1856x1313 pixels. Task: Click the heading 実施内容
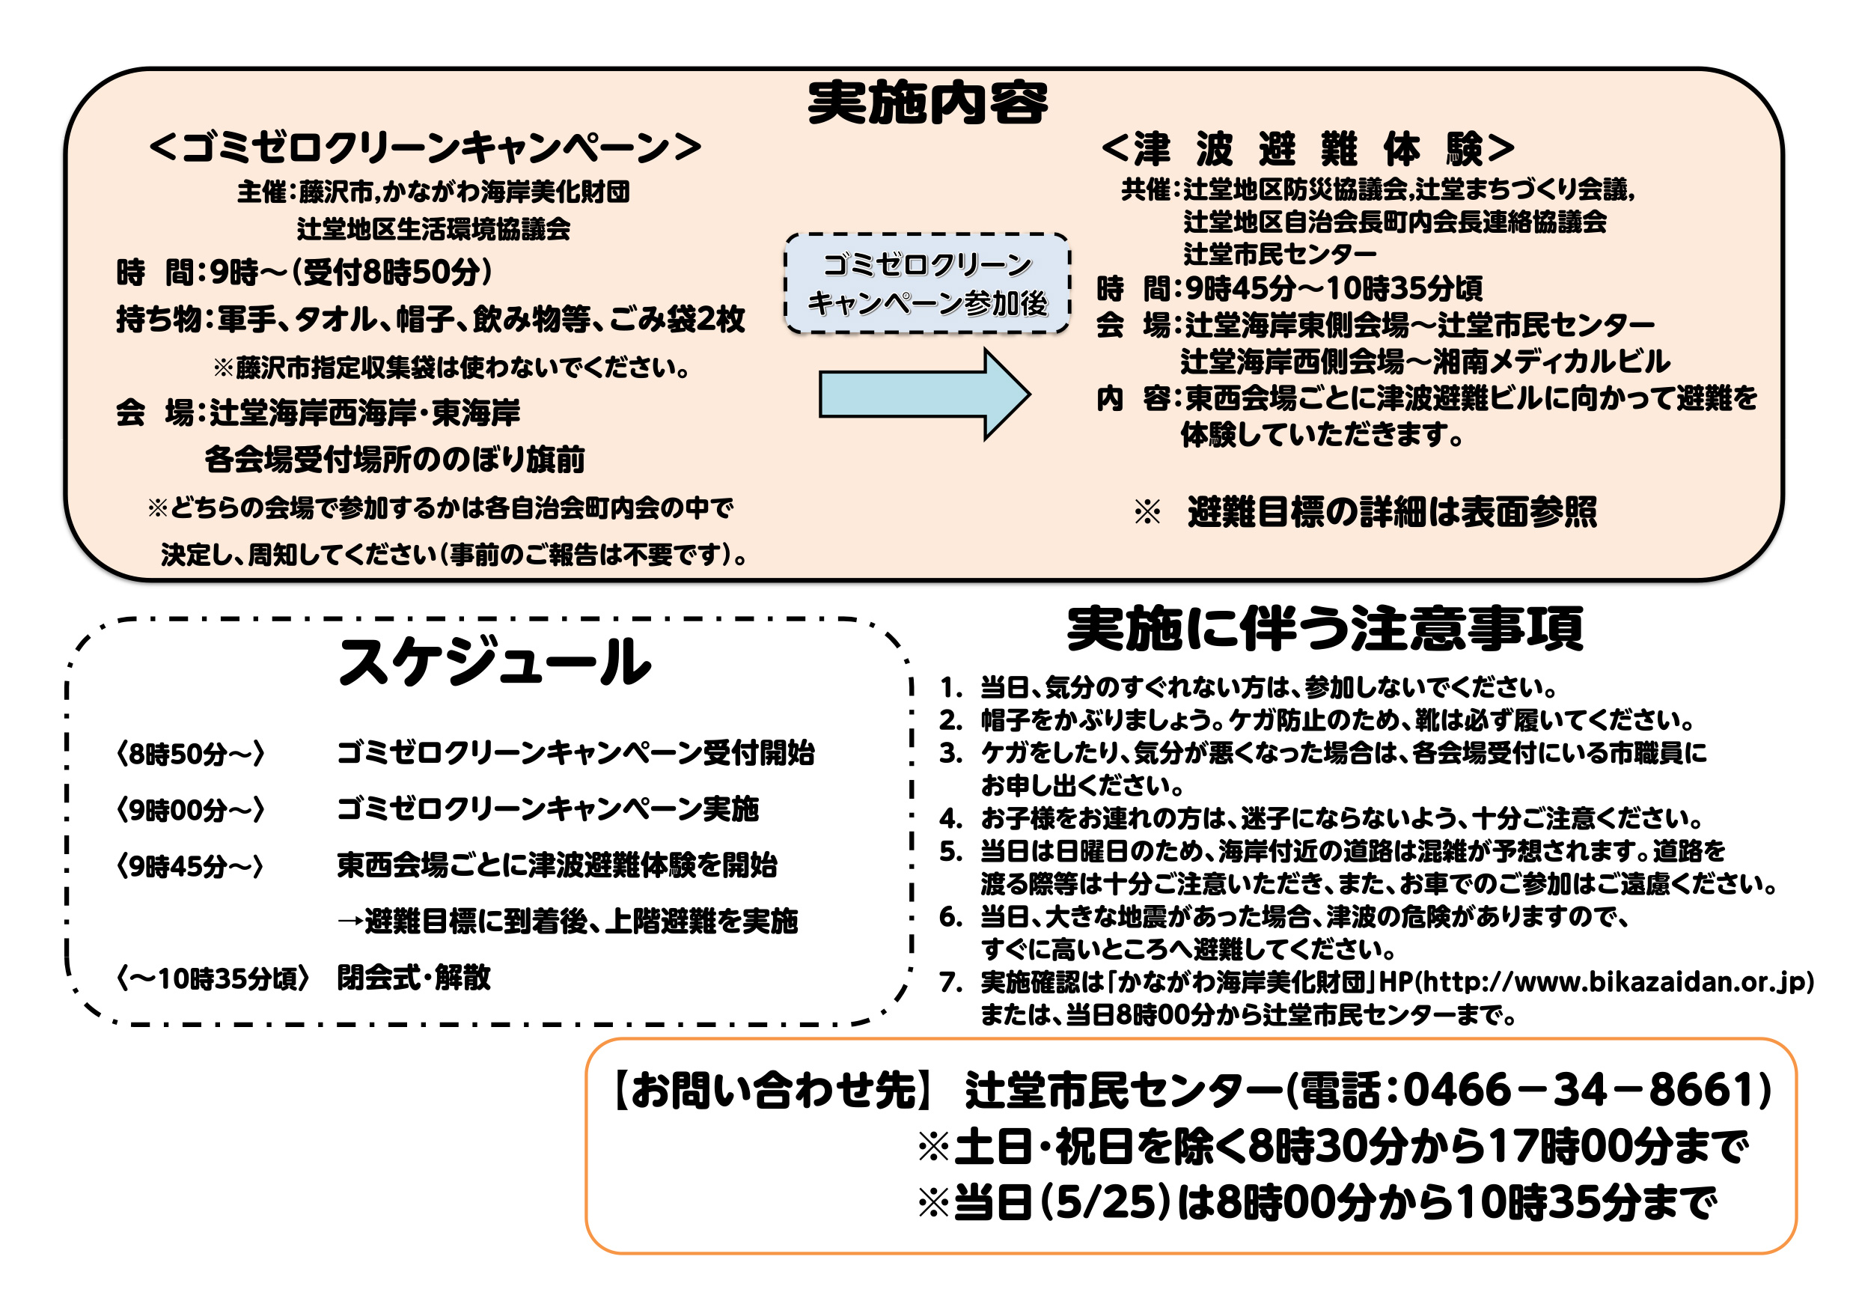click(927, 103)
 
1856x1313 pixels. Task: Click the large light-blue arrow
click(925, 394)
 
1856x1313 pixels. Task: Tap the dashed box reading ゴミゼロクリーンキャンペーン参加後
click(927, 283)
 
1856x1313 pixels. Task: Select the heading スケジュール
click(495, 661)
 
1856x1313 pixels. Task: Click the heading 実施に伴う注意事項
click(1325, 628)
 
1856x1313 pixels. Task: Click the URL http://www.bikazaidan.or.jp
click(1615, 981)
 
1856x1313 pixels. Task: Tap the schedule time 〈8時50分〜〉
click(191, 754)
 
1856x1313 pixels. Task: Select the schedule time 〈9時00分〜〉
click(191, 809)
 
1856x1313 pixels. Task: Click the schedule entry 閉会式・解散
click(414, 978)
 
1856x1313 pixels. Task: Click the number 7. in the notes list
click(950, 982)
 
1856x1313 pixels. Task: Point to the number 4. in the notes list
click(950, 819)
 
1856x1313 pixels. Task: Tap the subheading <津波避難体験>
click(1308, 149)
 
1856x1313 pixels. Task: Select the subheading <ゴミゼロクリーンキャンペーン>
click(425, 147)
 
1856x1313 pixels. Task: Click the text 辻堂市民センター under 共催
click(1280, 254)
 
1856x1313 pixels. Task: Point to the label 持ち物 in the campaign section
click(159, 320)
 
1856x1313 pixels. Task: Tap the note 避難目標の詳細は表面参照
click(1392, 512)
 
